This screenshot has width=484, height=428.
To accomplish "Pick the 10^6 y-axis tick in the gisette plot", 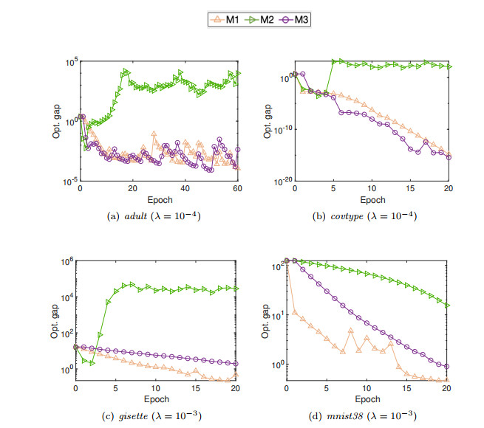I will tap(66, 261).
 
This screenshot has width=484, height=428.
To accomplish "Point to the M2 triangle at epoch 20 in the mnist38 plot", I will tap(447, 305).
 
